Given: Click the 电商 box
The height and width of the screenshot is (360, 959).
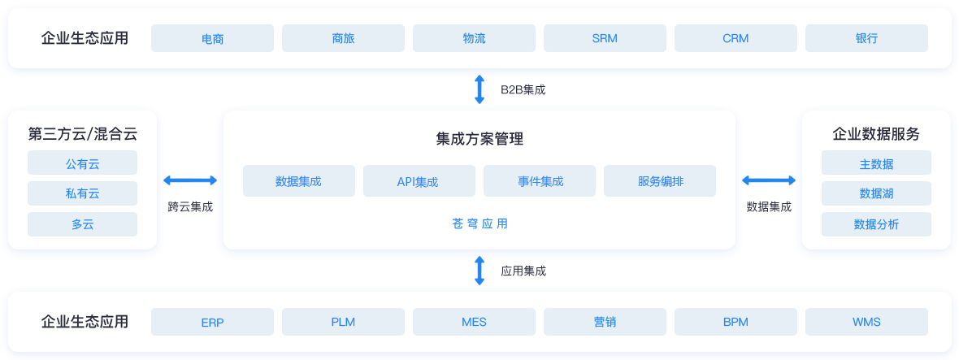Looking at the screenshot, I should click(212, 38).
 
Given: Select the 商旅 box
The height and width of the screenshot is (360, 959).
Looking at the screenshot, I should click(343, 38).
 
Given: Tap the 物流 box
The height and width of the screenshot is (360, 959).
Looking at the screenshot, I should click(474, 38).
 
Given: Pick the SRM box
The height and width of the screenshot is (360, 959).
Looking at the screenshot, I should click(605, 38).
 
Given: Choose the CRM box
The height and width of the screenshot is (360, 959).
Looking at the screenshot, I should click(736, 38).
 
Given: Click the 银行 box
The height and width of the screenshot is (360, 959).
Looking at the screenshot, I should click(866, 38).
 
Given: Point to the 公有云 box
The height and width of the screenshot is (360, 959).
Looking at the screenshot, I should click(82, 163).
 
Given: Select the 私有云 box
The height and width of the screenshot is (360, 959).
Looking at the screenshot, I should click(82, 193).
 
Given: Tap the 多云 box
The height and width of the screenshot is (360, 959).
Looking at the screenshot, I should click(82, 224).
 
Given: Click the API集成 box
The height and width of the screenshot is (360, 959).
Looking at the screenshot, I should click(419, 181).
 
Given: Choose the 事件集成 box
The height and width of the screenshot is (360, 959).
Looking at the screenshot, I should click(540, 181).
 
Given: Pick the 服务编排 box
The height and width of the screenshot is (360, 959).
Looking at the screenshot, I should click(660, 181).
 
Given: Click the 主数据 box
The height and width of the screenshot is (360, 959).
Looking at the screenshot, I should click(876, 163).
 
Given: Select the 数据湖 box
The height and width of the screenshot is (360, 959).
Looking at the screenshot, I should click(876, 193).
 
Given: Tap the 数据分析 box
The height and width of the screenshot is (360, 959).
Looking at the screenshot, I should click(876, 224).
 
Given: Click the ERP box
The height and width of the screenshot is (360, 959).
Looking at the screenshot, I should click(212, 322).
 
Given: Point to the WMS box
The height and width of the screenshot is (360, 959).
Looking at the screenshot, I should click(866, 322).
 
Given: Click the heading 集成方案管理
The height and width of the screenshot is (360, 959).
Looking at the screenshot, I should click(479, 139).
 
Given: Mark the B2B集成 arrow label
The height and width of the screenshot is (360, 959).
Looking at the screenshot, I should click(523, 89).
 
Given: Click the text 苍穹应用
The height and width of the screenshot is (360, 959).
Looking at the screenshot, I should click(479, 223).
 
